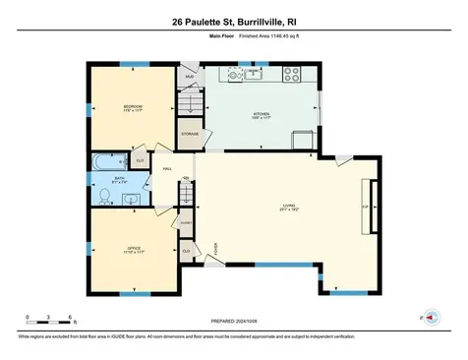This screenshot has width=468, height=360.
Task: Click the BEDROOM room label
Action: (134, 106)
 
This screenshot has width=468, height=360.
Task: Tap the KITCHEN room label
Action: (261, 114)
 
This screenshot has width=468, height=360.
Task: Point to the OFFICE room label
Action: (134, 248)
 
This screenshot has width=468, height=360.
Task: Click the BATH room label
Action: (119, 177)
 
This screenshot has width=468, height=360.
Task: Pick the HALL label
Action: (168, 168)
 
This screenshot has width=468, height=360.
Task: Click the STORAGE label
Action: (190, 133)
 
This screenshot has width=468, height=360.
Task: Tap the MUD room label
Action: (190, 76)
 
